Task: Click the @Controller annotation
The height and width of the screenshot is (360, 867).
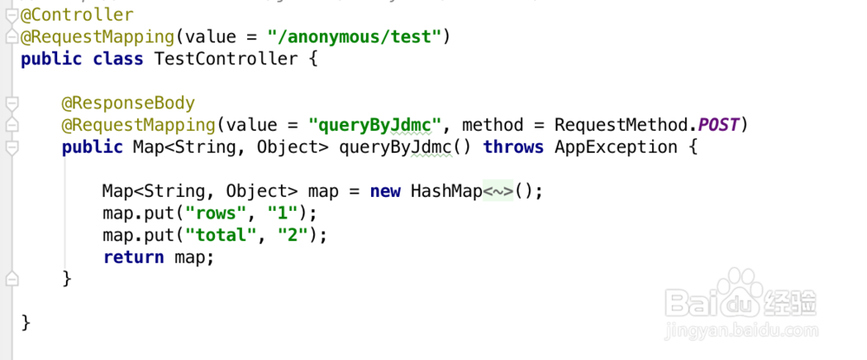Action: tap(77, 15)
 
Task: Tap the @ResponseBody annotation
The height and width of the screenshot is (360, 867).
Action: tap(127, 103)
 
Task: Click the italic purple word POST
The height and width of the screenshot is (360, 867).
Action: tap(718, 125)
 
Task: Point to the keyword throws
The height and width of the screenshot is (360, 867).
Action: tap(513, 147)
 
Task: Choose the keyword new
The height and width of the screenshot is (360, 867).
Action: tap(385, 191)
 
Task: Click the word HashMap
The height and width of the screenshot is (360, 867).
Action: tap(446, 191)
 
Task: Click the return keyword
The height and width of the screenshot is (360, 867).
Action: tap(133, 257)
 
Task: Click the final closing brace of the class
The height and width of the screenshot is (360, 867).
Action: tap(26, 323)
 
